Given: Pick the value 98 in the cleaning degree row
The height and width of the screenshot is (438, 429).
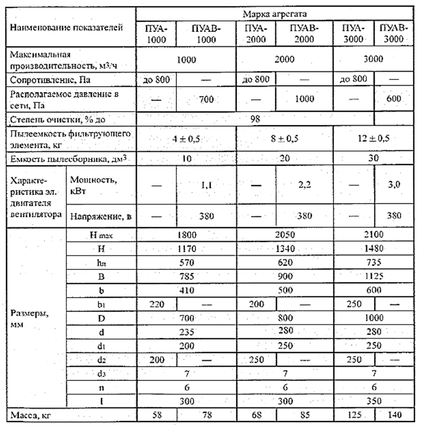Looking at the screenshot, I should coord(254,118).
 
